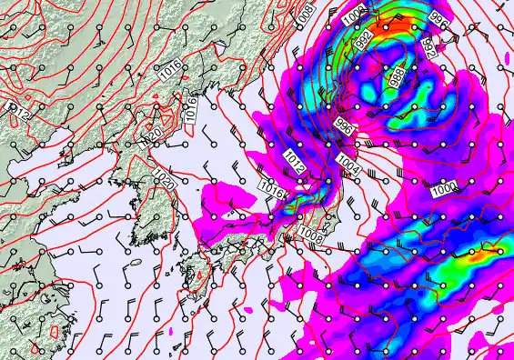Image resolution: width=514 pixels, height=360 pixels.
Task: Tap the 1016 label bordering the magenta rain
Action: (x=271, y=188)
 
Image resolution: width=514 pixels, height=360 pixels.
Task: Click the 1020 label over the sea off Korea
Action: (x=166, y=180)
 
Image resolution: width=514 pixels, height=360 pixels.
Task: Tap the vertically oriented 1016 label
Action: (x=191, y=106)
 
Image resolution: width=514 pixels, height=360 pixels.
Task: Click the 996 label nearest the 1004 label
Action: (x=344, y=126)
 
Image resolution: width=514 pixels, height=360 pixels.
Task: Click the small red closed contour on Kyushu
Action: (x=199, y=274)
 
